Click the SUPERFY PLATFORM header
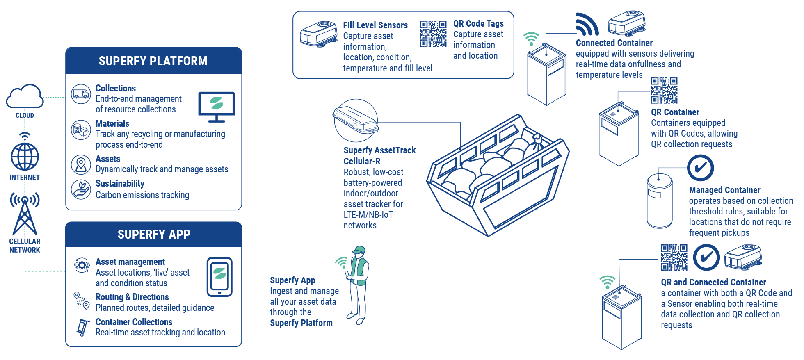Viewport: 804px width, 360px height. (x=153, y=61)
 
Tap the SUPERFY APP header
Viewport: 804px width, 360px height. (x=154, y=235)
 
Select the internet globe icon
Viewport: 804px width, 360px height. (x=25, y=156)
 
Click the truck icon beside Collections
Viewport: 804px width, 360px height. (x=81, y=94)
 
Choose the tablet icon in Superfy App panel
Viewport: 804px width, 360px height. (x=219, y=277)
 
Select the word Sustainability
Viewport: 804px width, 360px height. (x=120, y=184)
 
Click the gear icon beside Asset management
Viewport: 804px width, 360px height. (x=82, y=265)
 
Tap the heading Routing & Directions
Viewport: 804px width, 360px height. (x=132, y=297)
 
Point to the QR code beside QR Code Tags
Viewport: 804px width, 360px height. (x=433, y=34)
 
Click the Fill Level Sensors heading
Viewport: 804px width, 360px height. (x=375, y=25)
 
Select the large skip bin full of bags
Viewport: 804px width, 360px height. (x=498, y=176)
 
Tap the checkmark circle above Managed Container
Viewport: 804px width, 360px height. (x=701, y=168)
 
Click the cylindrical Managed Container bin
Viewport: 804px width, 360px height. (x=660, y=201)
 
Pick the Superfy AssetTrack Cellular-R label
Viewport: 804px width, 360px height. (x=379, y=156)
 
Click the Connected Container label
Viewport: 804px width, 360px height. (x=614, y=43)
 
